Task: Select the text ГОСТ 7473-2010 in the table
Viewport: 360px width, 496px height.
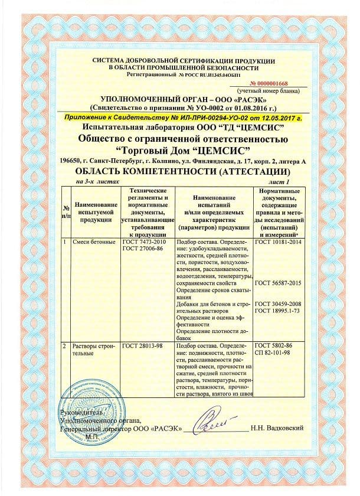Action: [141, 242]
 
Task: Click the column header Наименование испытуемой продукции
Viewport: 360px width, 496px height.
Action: [94, 211]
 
